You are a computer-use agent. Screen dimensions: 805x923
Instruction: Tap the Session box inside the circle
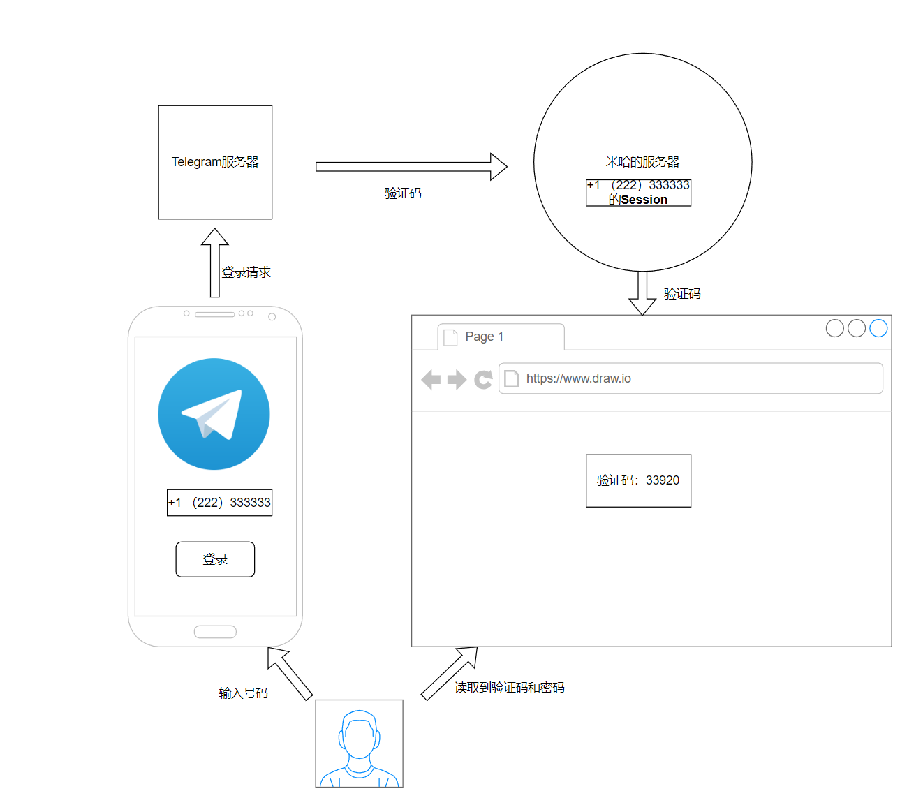638,193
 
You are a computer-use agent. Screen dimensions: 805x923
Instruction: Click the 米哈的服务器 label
642,162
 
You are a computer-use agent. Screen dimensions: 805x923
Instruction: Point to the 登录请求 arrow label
246,272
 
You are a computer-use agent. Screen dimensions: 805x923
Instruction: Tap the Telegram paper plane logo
214,414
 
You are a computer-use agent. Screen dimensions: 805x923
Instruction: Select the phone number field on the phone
219,503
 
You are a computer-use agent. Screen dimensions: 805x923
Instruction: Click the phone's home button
215,632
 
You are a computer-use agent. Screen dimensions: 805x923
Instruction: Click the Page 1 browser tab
500,337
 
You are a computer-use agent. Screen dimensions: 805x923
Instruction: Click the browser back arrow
431,379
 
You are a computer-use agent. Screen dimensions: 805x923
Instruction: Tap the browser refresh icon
483,379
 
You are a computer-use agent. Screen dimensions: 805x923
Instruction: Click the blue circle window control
878,328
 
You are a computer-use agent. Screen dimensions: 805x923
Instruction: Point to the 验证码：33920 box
638,480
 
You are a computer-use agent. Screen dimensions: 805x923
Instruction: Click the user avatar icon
359,744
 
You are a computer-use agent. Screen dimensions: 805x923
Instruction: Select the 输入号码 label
243,693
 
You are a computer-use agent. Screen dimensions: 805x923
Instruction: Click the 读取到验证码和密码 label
509,688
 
